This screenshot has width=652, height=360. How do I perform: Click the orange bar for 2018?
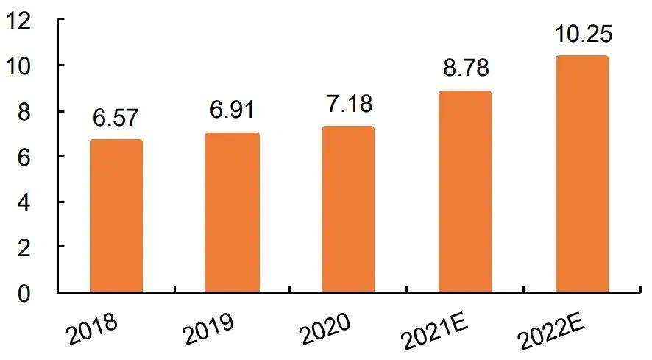[x=116, y=216]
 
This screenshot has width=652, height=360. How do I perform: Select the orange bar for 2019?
[x=232, y=213]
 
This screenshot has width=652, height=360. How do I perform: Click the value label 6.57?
[x=116, y=118]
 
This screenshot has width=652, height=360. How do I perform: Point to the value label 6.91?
[x=232, y=111]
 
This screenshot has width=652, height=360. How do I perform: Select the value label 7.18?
[x=348, y=104]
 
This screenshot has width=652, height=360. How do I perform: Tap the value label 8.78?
[x=465, y=68]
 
